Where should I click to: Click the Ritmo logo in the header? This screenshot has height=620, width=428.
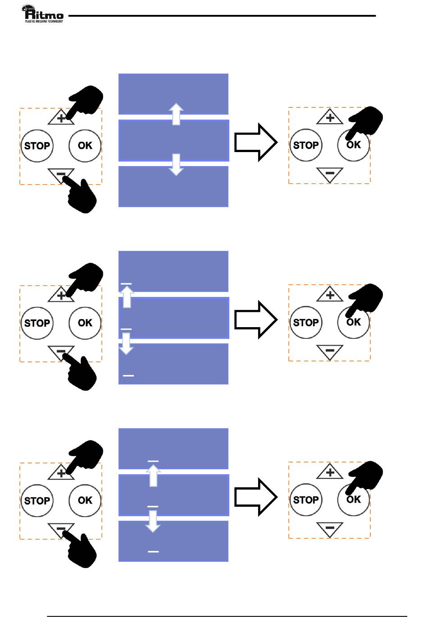pos(43,14)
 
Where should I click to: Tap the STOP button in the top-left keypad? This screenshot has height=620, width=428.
pos(37,146)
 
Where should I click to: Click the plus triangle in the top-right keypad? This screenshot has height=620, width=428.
pos(330,118)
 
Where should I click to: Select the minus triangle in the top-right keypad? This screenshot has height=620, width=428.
pos(330,174)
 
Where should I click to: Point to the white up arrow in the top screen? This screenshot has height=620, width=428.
pos(176,114)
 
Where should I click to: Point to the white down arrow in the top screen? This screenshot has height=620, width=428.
pos(176,164)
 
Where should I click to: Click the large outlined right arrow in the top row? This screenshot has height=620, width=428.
pos(255,142)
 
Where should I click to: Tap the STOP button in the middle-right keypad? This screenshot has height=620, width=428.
pos(306,323)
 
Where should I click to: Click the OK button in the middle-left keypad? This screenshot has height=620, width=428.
pos(85,323)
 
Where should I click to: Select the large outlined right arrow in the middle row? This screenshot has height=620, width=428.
pos(255,319)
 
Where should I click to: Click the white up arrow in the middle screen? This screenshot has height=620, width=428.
pos(127,296)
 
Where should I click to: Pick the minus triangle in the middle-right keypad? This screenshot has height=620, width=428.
pos(330,351)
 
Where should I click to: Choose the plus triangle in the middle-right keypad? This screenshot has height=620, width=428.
pos(330,295)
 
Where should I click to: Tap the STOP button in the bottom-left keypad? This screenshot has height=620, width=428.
pos(37,500)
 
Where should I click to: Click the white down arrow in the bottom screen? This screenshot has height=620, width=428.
pos(153,521)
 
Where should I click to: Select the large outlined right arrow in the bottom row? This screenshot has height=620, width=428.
pos(255,497)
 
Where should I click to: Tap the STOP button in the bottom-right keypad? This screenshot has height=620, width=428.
pos(306,500)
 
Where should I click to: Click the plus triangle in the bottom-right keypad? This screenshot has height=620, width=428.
pos(330,472)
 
